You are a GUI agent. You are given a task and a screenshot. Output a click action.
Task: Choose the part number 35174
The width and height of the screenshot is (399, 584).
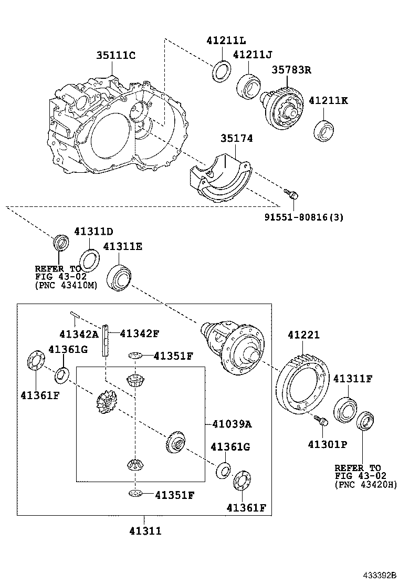click(x=236, y=139)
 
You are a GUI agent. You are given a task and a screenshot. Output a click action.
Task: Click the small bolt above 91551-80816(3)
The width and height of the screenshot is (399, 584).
click(x=292, y=194)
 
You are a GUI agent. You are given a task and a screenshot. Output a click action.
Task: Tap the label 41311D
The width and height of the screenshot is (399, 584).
click(x=93, y=231)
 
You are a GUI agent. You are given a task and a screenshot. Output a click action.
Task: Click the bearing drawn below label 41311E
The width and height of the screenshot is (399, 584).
click(x=119, y=277)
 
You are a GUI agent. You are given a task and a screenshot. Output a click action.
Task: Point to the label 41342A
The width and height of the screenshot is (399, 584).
click(x=79, y=333)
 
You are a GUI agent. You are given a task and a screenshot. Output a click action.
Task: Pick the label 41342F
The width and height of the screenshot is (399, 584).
click(x=139, y=333)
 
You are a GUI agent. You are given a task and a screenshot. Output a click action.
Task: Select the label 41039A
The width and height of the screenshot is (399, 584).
click(x=232, y=424)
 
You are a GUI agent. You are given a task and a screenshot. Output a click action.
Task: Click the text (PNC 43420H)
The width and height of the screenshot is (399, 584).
click(x=365, y=485)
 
